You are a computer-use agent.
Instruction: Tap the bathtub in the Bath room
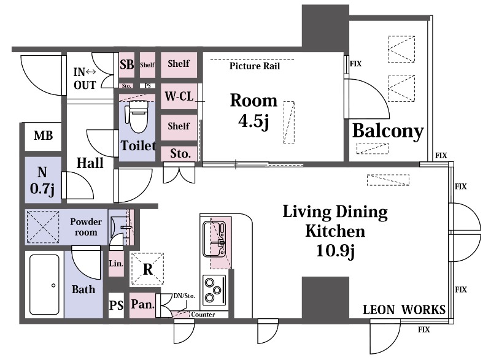(x=44, y=285)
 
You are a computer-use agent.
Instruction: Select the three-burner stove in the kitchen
(x=214, y=290)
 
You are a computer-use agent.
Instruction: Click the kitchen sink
(x=214, y=239)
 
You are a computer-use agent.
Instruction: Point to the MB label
(x=43, y=136)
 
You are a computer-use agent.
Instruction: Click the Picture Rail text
(x=255, y=66)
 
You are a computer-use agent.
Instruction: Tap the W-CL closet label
(x=179, y=96)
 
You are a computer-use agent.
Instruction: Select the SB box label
(x=127, y=64)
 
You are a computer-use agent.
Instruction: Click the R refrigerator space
(x=147, y=269)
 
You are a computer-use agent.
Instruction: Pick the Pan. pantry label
(x=142, y=304)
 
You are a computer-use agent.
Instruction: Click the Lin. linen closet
(x=116, y=263)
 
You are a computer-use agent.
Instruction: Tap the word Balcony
(x=388, y=131)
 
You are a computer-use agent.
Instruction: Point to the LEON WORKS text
(x=404, y=310)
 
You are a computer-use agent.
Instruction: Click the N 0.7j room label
(x=42, y=180)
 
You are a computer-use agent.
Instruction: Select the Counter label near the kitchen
(x=203, y=315)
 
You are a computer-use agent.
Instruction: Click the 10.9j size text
(x=335, y=251)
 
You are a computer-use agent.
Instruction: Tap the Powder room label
(x=86, y=227)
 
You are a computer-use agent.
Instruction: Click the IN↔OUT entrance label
(x=85, y=79)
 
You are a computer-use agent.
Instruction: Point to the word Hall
(x=90, y=163)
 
